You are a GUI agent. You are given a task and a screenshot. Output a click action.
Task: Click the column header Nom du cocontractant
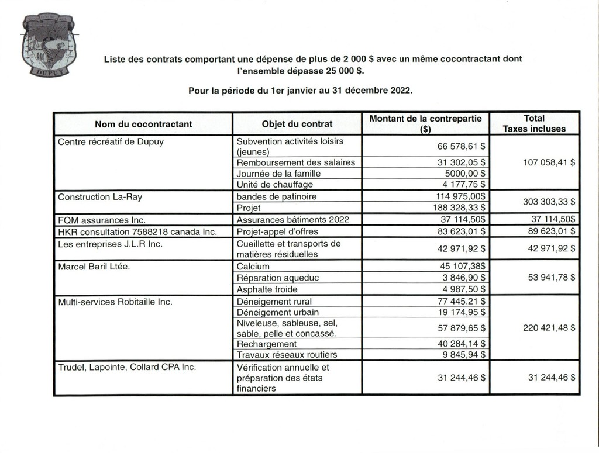click(143, 124)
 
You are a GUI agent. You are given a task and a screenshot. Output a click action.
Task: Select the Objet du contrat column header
click(297, 124)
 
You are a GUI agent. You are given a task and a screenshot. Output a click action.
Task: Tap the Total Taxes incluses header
click(534, 123)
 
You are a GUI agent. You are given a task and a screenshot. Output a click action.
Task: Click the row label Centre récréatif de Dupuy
click(111, 141)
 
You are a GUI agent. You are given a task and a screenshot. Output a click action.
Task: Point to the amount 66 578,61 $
click(462, 146)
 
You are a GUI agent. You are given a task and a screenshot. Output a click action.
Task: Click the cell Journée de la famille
click(278, 174)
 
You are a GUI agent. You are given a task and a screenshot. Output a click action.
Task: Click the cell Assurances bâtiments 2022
click(292, 220)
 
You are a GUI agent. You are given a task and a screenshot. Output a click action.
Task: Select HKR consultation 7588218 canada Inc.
click(137, 231)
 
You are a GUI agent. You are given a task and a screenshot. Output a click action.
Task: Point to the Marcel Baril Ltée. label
click(94, 267)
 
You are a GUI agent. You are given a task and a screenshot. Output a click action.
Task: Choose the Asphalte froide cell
click(267, 289)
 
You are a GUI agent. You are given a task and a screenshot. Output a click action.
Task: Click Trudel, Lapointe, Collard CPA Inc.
click(126, 367)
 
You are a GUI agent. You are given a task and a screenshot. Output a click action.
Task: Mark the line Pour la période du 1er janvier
click(300, 91)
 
